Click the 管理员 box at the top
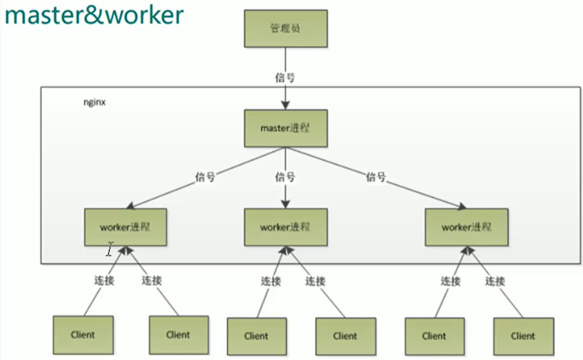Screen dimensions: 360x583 click(285, 29)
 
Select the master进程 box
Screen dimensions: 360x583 click(285, 128)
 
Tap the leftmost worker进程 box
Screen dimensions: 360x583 click(125, 227)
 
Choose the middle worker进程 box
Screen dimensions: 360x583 click(285, 227)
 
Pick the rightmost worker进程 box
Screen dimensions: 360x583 click(466, 227)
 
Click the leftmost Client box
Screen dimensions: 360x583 click(83, 335)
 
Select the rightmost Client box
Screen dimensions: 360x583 click(523, 336)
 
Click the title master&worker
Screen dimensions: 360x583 click(94, 16)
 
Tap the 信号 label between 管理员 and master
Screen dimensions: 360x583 click(285, 77)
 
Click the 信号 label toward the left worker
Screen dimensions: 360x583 click(205, 177)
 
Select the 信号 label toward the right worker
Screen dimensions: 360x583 click(376, 177)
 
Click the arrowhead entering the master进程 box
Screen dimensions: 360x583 click(285, 106)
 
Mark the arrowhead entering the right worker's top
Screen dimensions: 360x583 click(461, 206)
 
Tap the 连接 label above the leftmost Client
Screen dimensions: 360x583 click(103, 280)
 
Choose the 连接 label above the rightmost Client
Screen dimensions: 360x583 click(495, 281)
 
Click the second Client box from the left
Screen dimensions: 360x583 click(179, 335)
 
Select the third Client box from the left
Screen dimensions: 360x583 click(256, 336)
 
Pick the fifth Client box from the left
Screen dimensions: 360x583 click(434, 336)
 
